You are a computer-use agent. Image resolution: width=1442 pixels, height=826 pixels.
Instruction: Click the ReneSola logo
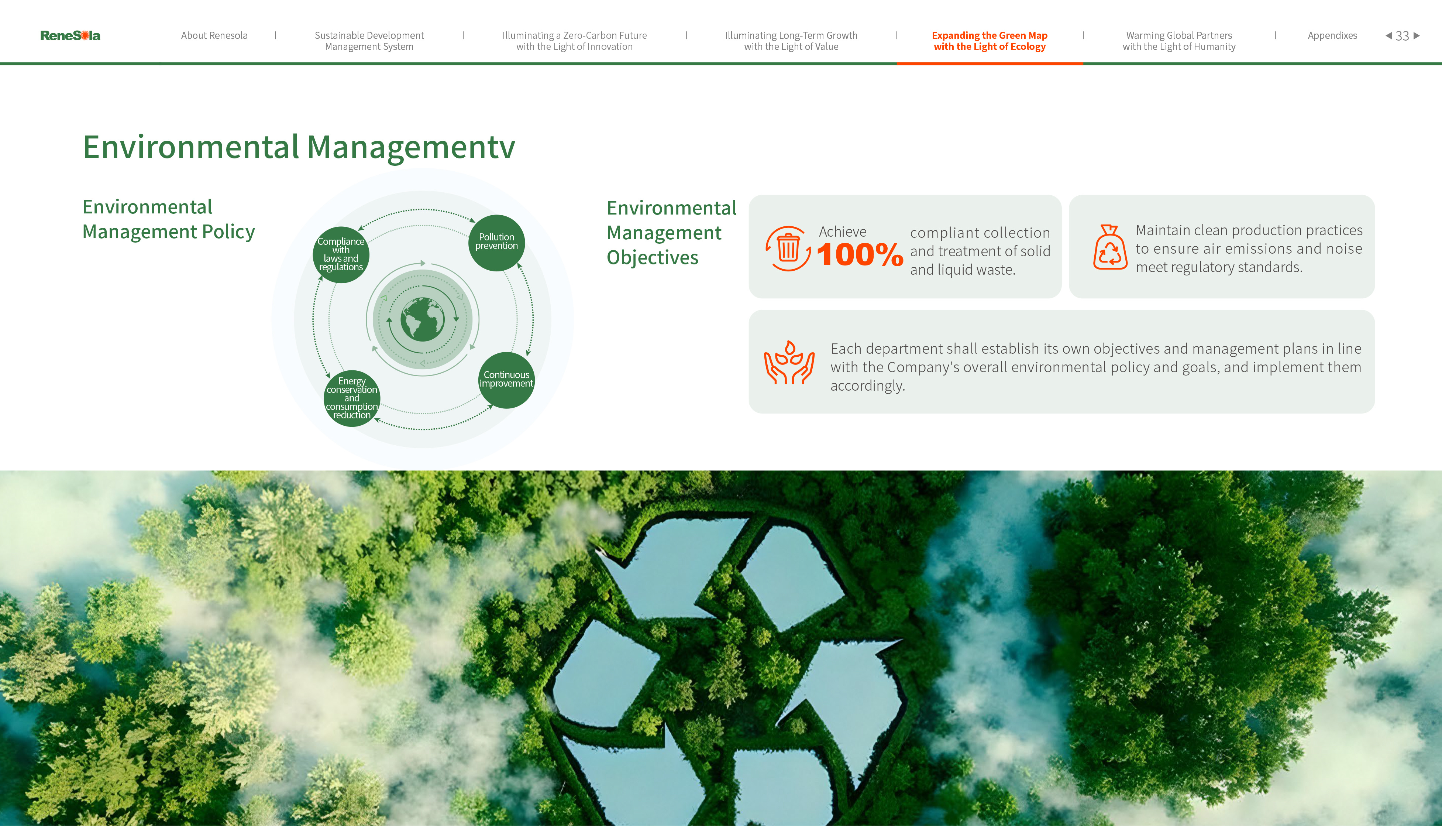pos(70,35)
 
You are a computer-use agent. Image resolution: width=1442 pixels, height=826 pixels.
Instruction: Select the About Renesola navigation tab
pos(214,35)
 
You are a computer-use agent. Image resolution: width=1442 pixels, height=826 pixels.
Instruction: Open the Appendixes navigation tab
pos(1332,35)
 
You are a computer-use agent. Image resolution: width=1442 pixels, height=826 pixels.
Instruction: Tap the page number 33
pos(1402,36)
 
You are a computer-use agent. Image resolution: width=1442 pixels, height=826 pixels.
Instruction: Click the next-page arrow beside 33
pos(1417,35)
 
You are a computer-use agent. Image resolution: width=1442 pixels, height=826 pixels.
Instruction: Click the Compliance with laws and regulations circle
pos(341,255)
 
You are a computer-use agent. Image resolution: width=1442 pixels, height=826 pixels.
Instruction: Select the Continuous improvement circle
pos(506,380)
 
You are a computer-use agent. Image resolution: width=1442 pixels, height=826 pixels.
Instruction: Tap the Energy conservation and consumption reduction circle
pos(352,398)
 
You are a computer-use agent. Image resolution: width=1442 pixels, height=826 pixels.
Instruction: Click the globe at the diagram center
pos(423,319)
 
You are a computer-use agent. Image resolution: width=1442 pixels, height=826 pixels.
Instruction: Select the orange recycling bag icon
pos(1110,247)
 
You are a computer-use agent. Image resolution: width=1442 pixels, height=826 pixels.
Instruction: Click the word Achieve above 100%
pos(843,232)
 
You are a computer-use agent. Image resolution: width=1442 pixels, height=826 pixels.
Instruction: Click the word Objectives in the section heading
pos(653,258)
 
